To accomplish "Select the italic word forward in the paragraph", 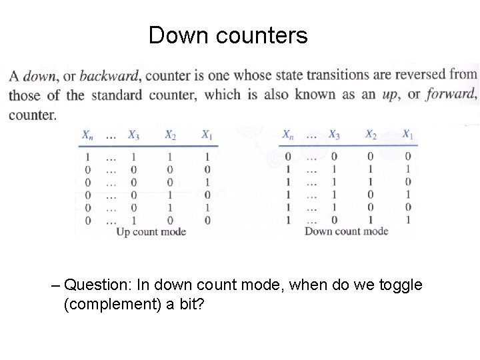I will pos(451,95).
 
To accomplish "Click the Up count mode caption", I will pos(151,232).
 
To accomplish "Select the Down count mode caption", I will pos(346,231).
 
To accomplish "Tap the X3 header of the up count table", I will pos(133,135).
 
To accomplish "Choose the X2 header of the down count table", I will pos(371,135).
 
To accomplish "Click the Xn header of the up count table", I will pos(87,135).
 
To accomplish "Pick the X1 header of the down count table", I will pos(407,135).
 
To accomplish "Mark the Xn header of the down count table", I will pos(289,135).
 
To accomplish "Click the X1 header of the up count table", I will pos(207,135).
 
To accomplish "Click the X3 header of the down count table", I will pos(334,135).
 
